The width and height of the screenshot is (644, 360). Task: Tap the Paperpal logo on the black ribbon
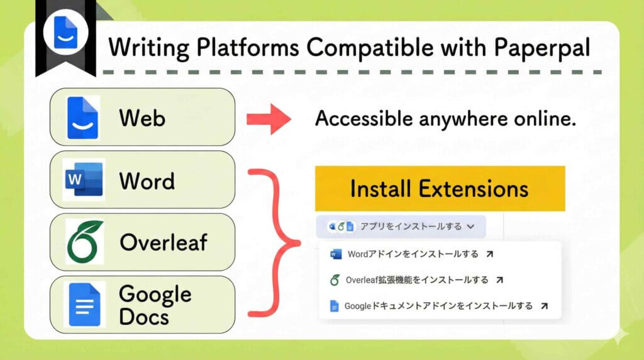(x=65, y=33)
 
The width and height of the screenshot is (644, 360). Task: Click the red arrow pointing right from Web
(x=269, y=118)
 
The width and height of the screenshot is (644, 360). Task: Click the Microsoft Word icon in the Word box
(x=83, y=179)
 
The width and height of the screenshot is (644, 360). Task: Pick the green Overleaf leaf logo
(x=84, y=242)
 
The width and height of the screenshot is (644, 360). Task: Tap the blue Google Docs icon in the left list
(x=84, y=304)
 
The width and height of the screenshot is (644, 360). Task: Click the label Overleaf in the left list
(x=163, y=242)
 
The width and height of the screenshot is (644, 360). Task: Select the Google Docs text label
(x=155, y=305)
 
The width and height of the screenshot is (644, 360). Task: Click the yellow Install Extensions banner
(x=440, y=188)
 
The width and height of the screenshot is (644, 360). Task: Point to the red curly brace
(x=277, y=242)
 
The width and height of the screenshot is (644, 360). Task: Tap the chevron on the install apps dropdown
(x=471, y=227)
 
